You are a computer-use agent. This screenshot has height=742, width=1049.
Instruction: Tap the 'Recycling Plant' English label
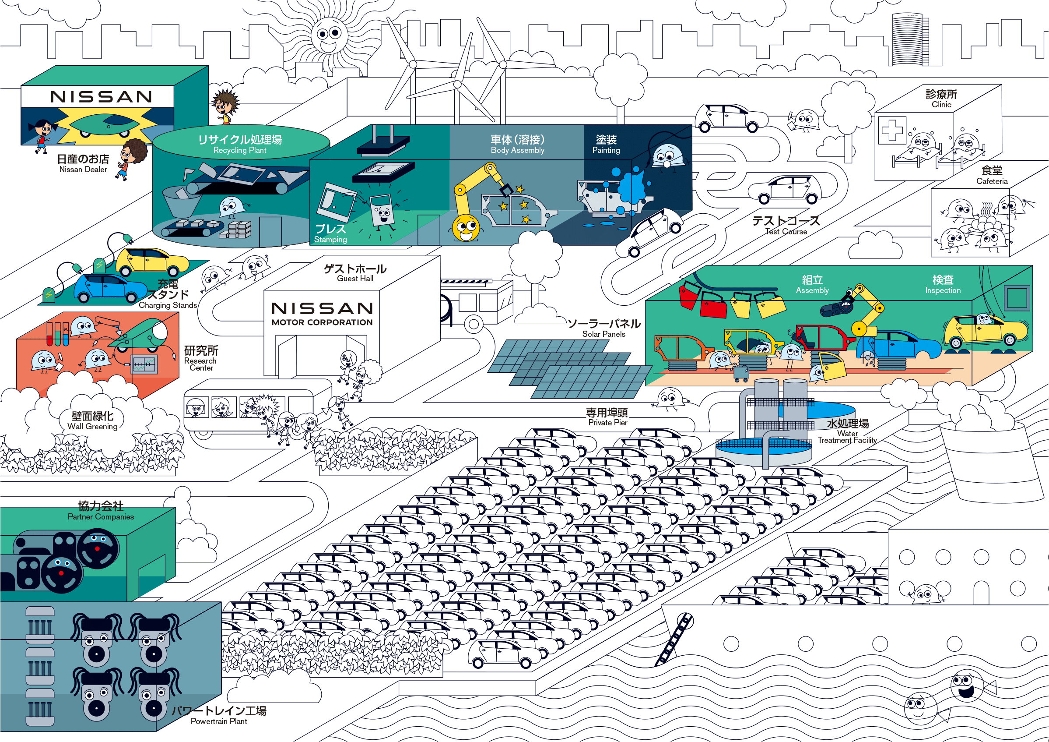tap(240, 150)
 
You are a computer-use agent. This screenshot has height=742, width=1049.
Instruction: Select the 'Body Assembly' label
tap(518, 150)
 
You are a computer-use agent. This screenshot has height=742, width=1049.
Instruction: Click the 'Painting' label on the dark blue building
tap(606, 150)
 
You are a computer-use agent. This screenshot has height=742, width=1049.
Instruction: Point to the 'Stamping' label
tap(330, 240)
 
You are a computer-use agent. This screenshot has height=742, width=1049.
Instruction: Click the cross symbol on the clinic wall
tap(892, 130)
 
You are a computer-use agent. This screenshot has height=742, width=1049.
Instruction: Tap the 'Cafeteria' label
tap(992, 181)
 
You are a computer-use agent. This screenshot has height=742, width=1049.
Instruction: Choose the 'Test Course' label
tap(786, 232)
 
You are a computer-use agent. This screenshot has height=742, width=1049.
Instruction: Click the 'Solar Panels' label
tap(603, 334)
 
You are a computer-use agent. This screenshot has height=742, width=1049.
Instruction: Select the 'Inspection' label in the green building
tap(943, 290)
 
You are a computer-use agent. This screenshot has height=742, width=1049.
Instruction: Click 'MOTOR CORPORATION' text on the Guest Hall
tap(322, 322)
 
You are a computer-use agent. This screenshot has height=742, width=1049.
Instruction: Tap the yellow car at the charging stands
tap(152, 262)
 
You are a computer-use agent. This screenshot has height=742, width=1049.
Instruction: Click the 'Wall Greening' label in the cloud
tap(92, 427)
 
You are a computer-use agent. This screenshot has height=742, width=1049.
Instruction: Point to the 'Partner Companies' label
tap(101, 516)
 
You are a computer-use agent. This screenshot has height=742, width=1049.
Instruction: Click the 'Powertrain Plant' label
tap(219, 721)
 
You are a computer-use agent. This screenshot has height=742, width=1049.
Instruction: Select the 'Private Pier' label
tap(608, 422)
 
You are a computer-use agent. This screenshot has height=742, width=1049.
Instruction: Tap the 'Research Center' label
tap(200, 364)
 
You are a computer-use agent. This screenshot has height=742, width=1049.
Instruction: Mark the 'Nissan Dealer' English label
tap(83, 169)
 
